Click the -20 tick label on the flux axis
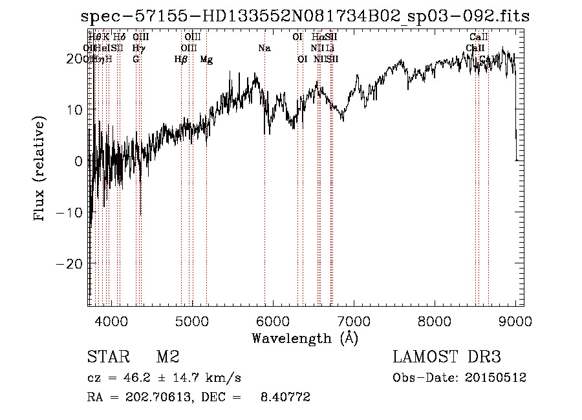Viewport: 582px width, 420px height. point(70,264)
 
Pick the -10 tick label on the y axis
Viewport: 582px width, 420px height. point(70,212)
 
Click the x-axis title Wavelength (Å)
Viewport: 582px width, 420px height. point(305,338)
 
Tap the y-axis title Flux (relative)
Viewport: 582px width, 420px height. point(41,170)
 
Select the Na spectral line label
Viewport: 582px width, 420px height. point(264,49)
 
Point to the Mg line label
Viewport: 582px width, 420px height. point(206,60)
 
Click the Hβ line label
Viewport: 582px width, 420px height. point(181,60)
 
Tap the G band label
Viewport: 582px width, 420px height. point(136,60)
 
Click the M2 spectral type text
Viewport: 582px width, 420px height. point(167,357)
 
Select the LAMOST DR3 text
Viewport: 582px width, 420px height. point(446,357)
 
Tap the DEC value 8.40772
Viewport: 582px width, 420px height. point(285,397)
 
